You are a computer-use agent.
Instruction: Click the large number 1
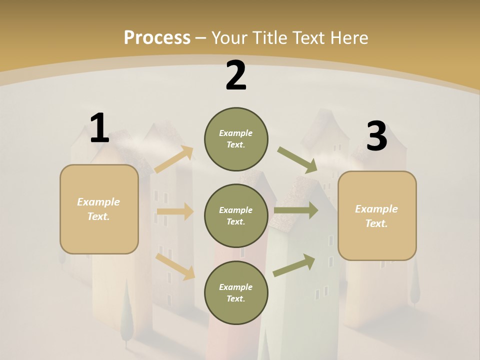click(x=99, y=128)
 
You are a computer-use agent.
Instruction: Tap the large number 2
click(x=236, y=76)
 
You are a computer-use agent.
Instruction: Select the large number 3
click(x=376, y=136)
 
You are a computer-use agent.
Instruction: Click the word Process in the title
click(x=157, y=37)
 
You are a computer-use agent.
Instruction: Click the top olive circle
click(x=236, y=139)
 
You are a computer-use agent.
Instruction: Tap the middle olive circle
click(x=236, y=216)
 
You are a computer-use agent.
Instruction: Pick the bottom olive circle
click(x=236, y=293)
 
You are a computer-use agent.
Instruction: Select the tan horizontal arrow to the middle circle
click(x=175, y=211)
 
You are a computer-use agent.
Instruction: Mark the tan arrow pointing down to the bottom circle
click(x=175, y=266)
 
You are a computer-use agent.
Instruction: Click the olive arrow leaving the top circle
click(x=297, y=160)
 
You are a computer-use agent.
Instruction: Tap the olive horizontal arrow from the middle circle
click(x=296, y=210)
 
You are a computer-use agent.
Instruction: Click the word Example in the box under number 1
click(x=98, y=202)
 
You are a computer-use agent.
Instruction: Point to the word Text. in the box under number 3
click(x=376, y=223)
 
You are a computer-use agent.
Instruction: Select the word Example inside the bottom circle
click(x=236, y=287)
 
